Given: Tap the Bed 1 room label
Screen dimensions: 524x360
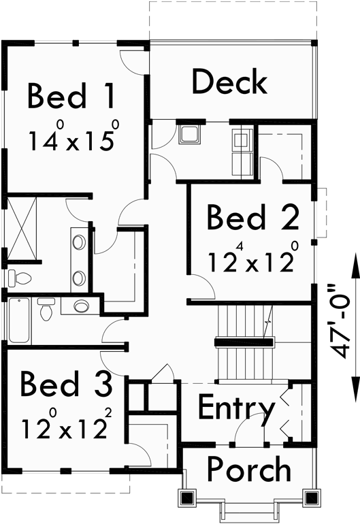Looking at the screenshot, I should click(71, 97).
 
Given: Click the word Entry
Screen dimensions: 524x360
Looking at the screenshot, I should click(236, 409).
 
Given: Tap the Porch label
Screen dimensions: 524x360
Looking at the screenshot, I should click(248, 470).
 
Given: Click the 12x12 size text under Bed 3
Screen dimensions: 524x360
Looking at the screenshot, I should click(65, 428).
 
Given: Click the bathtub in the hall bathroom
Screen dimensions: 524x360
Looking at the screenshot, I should click(17, 320).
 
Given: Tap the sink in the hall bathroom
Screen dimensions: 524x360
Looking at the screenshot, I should click(81, 306).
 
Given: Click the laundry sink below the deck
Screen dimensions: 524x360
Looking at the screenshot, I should click(189, 134).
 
